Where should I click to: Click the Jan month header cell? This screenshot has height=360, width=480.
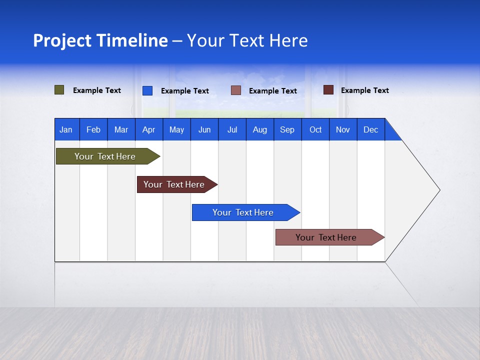click(x=66, y=129)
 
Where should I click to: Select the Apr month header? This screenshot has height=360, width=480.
click(x=148, y=129)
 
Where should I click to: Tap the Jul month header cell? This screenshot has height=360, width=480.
click(x=232, y=129)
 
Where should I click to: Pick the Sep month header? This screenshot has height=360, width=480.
click(x=287, y=129)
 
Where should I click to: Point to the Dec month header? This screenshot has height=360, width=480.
click(x=370, y=129)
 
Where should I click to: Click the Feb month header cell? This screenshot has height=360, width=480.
click(x=93, y=129)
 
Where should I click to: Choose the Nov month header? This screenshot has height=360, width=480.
click(x=343, y=129)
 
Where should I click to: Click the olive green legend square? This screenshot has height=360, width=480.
click(x=59, y=90)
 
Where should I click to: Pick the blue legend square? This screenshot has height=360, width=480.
click(x=147, y=90)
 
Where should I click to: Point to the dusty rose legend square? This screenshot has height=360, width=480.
click(x=236, y=90)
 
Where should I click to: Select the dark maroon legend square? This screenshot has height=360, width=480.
click(x=328, y=90)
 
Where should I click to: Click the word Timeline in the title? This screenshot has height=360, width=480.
click(x=131, y=40)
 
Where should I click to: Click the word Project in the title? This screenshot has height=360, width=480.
click(x=61, y=40)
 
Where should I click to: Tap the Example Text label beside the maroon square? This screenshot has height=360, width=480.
click(x=364, y=90)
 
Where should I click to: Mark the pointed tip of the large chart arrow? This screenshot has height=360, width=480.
click(x=439, y=190)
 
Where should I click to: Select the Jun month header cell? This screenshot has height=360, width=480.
click(x=204, y=129)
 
